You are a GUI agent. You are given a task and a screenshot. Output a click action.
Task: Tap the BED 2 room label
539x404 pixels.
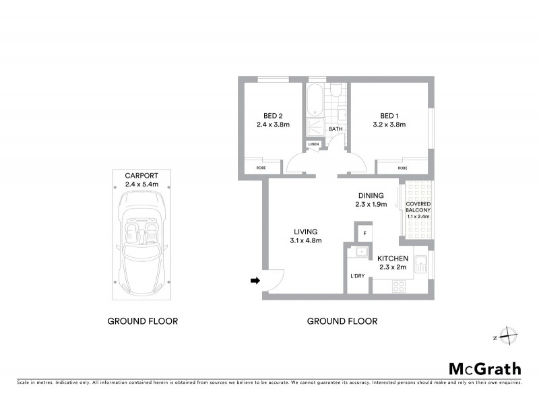(x=273, y=114)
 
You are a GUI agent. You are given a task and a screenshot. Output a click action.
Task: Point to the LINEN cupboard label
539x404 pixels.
(x=313, y=145)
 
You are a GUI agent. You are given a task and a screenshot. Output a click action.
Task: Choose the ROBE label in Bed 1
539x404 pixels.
(x=402, y=168)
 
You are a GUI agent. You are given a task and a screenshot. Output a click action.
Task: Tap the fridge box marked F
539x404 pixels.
(x=364, y=234)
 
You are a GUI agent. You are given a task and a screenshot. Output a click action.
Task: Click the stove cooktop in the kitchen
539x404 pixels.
(x=398, y=285)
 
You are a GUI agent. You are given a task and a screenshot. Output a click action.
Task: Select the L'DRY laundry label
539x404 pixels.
(x=358, y=275)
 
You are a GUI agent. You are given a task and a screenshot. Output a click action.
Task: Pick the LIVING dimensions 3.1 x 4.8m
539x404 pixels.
(x=305, y=240)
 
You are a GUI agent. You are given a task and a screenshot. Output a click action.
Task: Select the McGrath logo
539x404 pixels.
(x=484, y=368)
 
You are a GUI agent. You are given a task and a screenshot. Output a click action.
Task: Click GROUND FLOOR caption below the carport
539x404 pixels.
(x=143, y=321)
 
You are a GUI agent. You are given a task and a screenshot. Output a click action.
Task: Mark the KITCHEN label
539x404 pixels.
(x=393, y=259)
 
